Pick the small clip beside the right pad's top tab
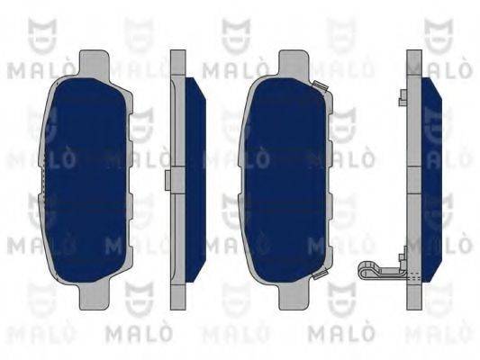pos(320,86)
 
